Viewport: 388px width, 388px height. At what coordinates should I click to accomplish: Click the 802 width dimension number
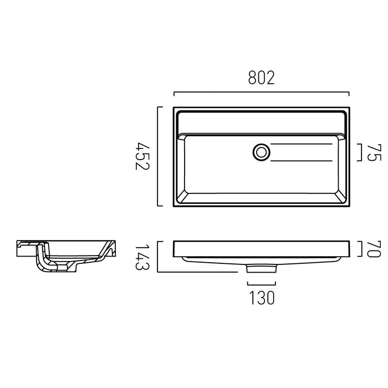261,78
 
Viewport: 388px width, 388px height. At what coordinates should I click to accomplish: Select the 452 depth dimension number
142,156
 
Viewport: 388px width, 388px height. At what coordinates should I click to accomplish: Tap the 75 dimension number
374,152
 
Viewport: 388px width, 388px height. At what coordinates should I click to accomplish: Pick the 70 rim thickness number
374,249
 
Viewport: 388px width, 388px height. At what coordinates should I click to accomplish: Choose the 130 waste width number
262,298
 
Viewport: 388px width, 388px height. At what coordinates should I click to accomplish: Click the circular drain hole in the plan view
261,152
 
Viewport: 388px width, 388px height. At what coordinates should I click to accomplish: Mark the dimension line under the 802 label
261,93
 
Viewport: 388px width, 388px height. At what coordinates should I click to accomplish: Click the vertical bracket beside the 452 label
158,156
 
